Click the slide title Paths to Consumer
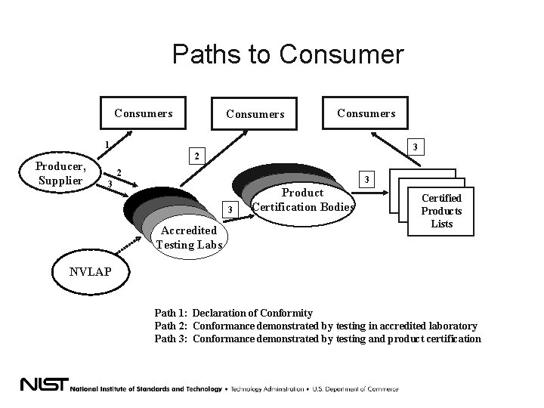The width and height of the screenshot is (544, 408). click(288, 54)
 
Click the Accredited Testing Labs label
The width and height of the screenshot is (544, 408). click(189, 236)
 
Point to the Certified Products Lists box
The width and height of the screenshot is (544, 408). click(441, 211)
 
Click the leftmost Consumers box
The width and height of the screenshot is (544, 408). click(143, 114)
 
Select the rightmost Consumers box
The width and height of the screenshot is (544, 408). click(366, 113)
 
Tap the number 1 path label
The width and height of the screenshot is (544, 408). click(107, 145)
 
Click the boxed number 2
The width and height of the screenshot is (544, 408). click(196, 157)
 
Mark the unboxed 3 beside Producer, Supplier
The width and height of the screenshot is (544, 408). click(110, 184)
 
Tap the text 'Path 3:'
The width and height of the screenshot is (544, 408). click(172, 338)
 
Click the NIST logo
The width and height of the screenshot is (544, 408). click(43, 384)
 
